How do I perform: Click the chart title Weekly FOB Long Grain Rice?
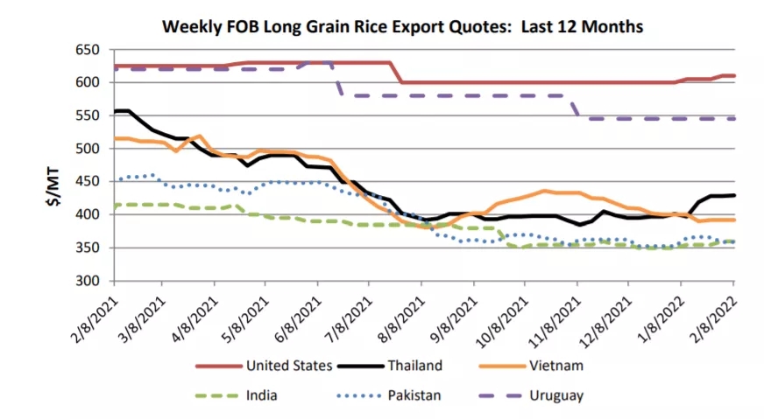coord(403,27)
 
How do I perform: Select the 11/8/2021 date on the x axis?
coord(554,318)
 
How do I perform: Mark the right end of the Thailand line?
coord(733,195)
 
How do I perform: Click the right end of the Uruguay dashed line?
coord(733,118)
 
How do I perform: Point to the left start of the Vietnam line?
coord(115,138)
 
